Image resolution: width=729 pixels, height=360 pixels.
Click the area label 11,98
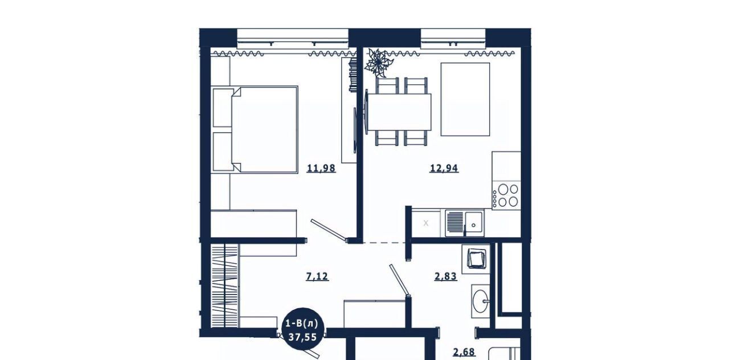[x=321, y=168]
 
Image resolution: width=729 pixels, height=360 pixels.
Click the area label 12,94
[x=444, y=168]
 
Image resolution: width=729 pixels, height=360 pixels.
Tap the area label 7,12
[x=317, y=276]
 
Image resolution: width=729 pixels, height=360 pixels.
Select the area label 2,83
[x=446, y=276]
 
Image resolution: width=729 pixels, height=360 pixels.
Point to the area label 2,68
[x=464, y=352]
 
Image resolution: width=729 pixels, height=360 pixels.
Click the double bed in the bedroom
[x=255, y=129]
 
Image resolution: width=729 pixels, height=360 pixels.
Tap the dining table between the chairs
[x=399, y=112]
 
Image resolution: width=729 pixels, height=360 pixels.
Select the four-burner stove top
[x=506, y=195]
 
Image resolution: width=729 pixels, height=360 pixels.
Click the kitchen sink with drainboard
[x=464, y=223]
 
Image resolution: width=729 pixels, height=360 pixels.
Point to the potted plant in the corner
[x=378, y=63]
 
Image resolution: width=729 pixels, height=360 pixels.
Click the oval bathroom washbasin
[x=481, y=301]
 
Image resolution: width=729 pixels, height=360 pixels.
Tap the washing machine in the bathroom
[x=476, y=259]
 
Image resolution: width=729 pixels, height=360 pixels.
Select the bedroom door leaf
[x=329, y=231]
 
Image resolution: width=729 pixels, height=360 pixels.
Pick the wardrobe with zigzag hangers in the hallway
[x=225, y=285]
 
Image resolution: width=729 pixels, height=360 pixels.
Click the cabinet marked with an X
[x=426, y=223]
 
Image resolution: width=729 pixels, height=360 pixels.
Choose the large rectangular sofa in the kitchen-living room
[x=465, y=99]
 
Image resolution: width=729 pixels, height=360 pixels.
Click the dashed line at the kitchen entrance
[x=384, y=243]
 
